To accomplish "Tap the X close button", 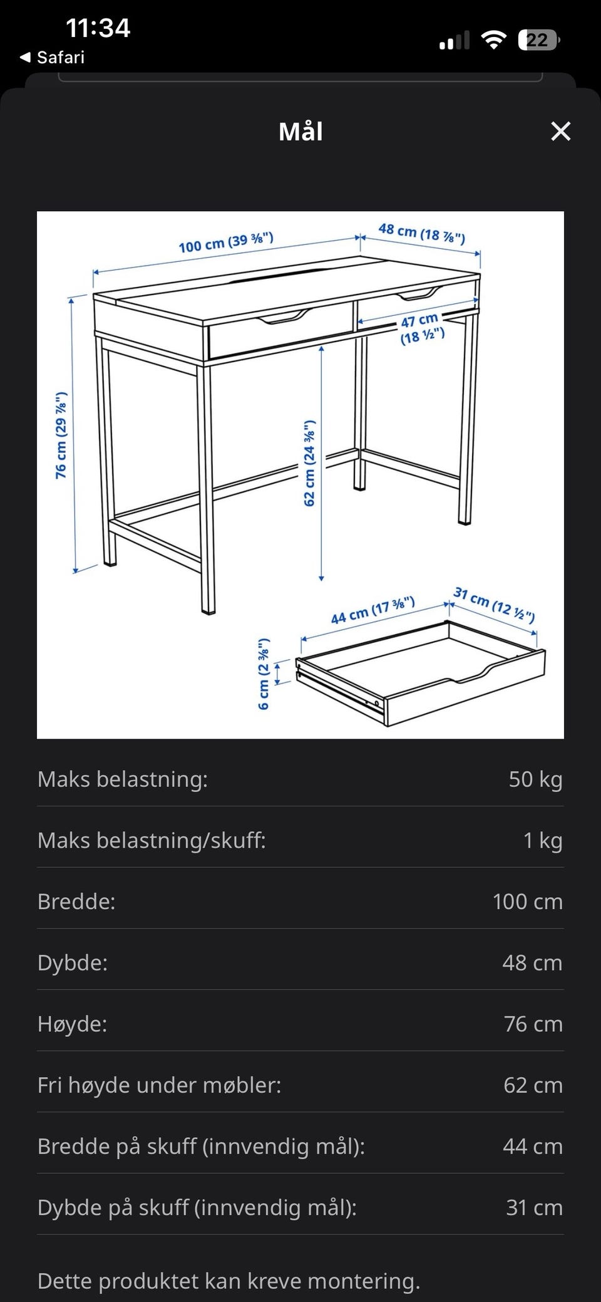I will [560, 132].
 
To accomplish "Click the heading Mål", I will [300, 132].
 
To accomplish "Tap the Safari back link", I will [53, 57].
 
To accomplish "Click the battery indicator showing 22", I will [538, 40].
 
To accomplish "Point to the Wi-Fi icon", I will [493, 40].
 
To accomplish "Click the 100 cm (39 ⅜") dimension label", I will [226, 242].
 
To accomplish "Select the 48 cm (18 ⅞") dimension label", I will [421, 233].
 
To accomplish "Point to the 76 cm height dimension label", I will [61, 435].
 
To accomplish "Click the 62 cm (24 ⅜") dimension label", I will [309, 464].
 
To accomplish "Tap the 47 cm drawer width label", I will [421, 329].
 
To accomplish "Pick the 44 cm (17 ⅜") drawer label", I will [372, 611].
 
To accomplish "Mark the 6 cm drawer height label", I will [264, 674].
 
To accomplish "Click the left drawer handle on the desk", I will [285, 318].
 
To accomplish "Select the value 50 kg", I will [535, 779].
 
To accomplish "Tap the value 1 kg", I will [542, 840].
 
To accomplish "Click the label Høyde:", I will [73, 1024].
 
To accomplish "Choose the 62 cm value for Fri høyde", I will [533, 1085].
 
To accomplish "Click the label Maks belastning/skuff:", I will [152, 840].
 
